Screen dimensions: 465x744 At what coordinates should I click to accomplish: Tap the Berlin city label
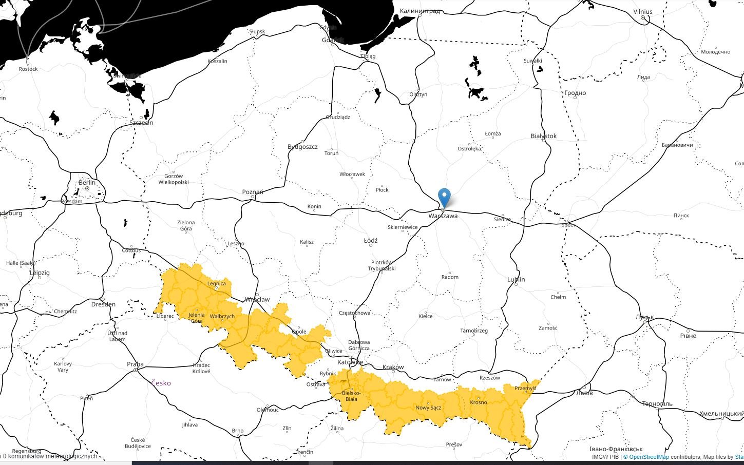point(87,183)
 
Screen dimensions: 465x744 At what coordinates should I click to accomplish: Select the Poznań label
point(253,192)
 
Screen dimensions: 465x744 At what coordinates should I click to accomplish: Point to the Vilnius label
point(643,12)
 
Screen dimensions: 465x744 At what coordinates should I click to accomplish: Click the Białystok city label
point(544,136)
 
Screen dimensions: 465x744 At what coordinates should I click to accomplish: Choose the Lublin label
point(516,279)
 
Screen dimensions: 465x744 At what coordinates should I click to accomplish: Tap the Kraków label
point(393,367)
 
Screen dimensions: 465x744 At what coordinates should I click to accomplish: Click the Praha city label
point(135,364)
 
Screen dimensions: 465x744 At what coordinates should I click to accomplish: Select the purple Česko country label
point(161,383)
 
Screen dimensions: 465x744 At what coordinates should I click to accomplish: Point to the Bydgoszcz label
point(302,147)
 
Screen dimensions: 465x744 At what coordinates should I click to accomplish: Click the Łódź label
point(370,240)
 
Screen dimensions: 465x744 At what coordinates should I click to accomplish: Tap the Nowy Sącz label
point(428,408)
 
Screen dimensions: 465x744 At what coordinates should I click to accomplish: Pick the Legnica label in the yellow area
point(217,283)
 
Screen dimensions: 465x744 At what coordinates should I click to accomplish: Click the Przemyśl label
point(525,388)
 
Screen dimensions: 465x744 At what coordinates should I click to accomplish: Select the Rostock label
point(28,69)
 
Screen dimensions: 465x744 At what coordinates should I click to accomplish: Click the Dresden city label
point(103,304)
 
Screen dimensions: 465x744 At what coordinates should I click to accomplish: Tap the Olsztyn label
point(418,94)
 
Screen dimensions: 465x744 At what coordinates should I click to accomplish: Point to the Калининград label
point(420,11)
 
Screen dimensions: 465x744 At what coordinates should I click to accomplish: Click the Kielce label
point(425,316)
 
